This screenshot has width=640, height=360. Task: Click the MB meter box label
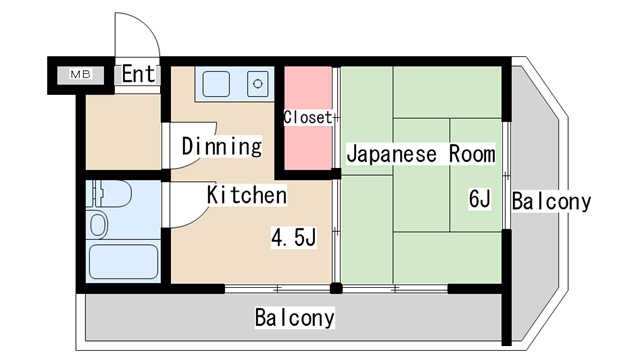80,74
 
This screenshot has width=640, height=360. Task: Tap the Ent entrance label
139,74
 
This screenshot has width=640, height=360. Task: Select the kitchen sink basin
216,84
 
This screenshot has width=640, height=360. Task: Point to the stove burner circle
258,84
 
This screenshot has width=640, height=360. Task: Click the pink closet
308,118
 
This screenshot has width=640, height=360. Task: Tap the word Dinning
222,146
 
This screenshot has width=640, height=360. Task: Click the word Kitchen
247,195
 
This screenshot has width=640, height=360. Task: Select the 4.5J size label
293,238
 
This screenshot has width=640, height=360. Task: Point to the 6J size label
480,199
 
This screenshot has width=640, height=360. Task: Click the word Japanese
391,154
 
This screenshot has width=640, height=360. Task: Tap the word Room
472,154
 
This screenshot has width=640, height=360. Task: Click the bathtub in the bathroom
123,262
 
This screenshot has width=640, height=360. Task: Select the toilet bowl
98,225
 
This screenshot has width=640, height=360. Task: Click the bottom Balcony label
295,317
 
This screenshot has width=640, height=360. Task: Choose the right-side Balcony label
551,201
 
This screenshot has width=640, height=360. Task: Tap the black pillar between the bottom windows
336,289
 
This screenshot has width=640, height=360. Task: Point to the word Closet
308,118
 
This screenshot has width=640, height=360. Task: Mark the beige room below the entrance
123,132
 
